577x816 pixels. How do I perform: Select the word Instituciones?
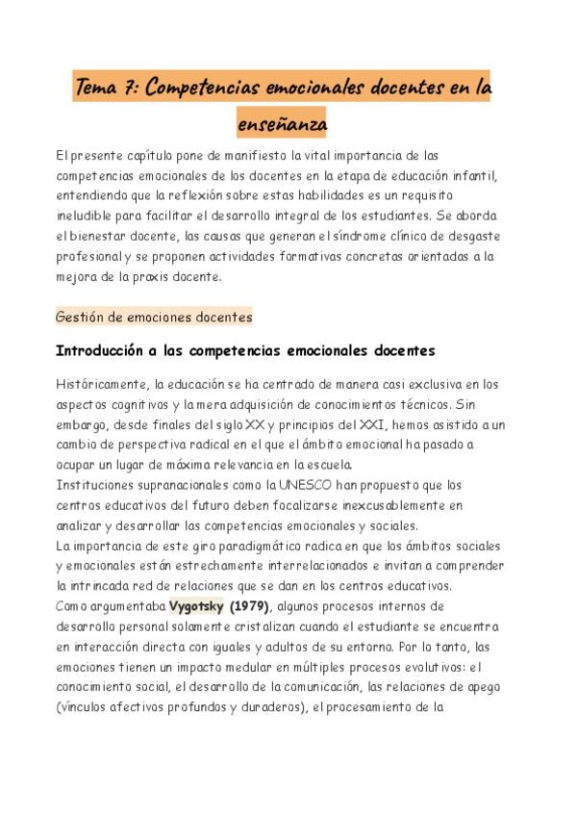click(x=97, y=484)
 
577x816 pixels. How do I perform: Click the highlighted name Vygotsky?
click(x=197, y=606)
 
